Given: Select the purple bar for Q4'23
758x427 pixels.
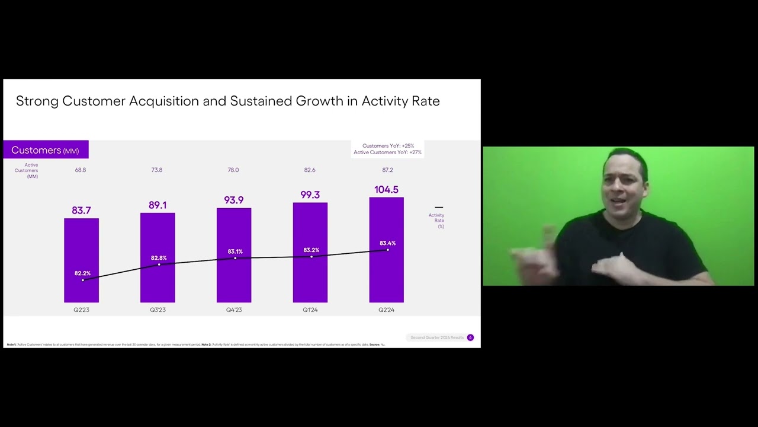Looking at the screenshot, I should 234,279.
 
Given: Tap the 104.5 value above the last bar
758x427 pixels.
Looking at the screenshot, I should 386,190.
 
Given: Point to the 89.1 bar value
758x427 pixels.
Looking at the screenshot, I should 158,205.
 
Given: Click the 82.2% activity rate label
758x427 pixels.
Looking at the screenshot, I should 82,273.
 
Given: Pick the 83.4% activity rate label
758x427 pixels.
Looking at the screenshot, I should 387,243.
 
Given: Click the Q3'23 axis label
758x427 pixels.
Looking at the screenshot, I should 158,310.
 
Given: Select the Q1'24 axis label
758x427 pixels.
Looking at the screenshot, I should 310,310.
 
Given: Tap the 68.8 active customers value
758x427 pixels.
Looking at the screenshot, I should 81,170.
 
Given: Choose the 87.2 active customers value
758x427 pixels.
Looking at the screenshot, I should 387,170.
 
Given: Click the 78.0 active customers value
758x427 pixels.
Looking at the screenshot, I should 233,170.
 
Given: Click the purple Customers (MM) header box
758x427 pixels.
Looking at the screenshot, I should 46,150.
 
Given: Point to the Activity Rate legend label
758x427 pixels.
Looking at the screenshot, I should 437,221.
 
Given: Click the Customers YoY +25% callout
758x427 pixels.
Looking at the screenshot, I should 388,146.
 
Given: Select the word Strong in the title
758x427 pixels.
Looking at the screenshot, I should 37,101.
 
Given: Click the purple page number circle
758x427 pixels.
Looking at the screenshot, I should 470,337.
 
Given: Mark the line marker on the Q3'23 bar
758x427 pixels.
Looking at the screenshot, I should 159,265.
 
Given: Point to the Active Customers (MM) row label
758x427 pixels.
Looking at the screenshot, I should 27,171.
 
